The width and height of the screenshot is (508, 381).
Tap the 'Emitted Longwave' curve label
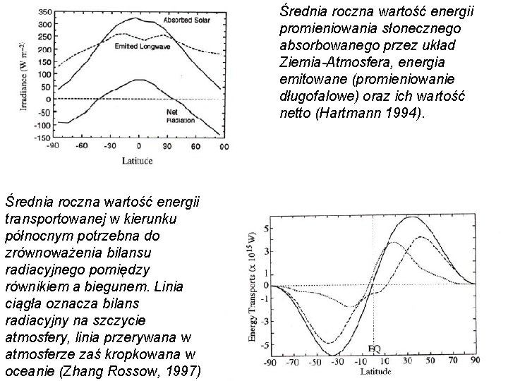point(140,46)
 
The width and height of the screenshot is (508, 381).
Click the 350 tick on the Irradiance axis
point(44,11)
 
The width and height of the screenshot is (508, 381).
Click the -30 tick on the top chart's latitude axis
point(109,147)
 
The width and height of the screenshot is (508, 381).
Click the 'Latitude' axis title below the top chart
point(139,161)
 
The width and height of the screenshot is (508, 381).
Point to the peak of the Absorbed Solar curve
point(138,17)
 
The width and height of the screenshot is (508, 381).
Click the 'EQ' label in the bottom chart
point(375,349)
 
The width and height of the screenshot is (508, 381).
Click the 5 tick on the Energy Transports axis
point(265,229)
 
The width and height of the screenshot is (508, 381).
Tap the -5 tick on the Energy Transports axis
point(265,344)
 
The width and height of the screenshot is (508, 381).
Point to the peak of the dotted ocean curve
point(392,242)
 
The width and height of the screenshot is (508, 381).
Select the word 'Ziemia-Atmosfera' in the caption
point(326,62)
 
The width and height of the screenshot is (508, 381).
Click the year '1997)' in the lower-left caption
point(180,371)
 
